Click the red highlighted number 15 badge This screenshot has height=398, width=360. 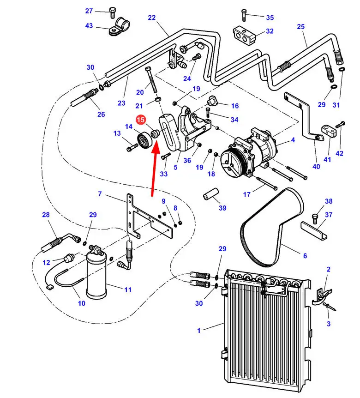(141, 120)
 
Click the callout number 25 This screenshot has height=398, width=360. (301, 27)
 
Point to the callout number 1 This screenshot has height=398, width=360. (199, 330)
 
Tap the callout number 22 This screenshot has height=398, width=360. (152, 18)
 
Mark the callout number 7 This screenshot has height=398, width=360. (99, 194)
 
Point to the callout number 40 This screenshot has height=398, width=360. (316, 167)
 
